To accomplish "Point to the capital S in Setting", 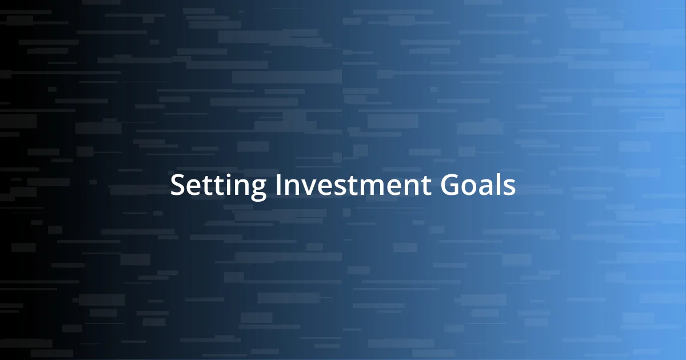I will coord(177,186).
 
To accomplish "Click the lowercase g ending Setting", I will coord(258,190).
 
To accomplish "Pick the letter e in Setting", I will coord(193,188).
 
